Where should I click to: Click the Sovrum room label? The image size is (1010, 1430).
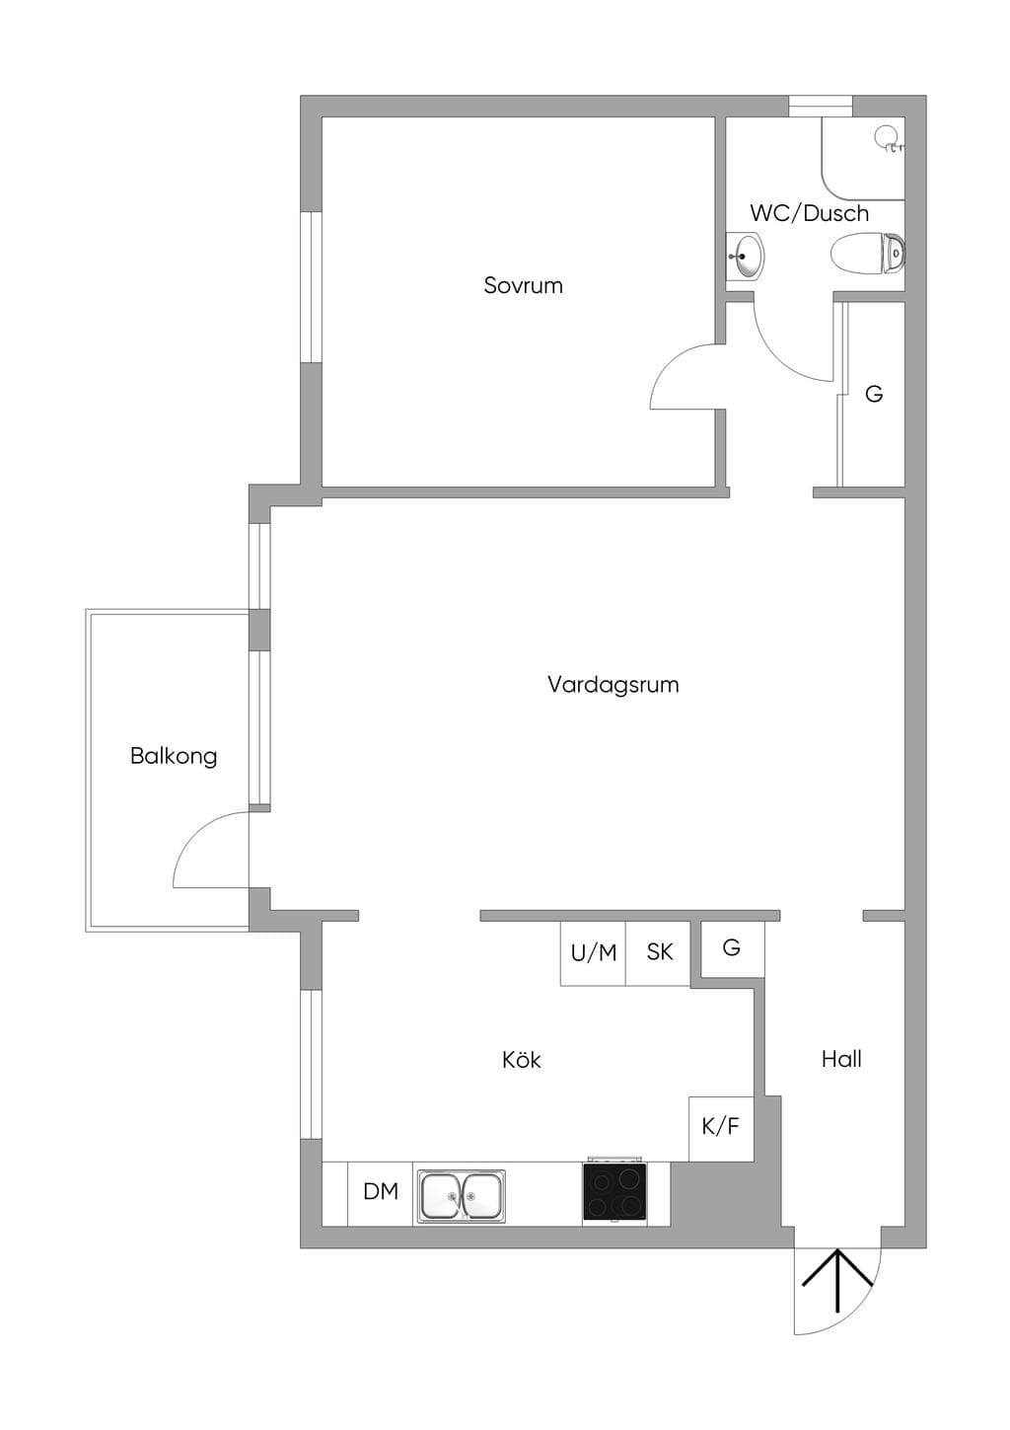(x=523, y=285)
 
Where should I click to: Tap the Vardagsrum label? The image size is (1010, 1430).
(x=613, y=684)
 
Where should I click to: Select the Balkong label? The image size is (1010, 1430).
(x=174, y=757)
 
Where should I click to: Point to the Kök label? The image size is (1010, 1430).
(x=521, y=1059)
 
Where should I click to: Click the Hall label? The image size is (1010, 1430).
(x=841, y=1059)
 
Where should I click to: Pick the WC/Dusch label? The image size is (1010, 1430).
(x=809, y=212)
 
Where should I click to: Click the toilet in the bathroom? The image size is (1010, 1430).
(x=868, y=254)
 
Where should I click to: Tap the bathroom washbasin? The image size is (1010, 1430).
(x=746, y=256)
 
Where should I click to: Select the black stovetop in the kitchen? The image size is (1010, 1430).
(x=614, y=1190)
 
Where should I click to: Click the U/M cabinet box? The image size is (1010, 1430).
(x=594, y=953)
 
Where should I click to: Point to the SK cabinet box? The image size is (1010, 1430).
(x=659, y=953)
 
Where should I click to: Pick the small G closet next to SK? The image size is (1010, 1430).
(x=732, y=948)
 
